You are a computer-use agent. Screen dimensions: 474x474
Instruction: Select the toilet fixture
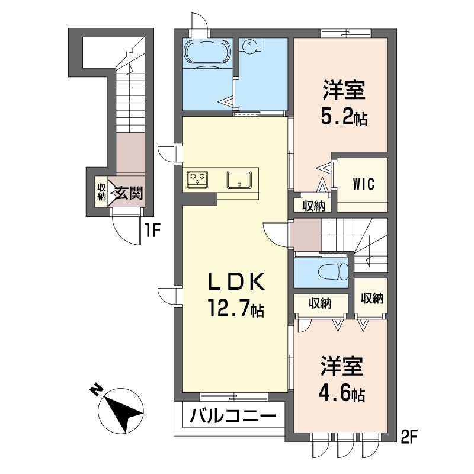point(334,271)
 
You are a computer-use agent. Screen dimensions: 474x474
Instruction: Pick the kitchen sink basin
point(239,180)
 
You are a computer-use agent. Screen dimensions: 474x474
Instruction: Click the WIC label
point(364,184)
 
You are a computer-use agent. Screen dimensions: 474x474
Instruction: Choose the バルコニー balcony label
point(233,416)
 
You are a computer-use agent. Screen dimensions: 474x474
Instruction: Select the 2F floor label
point(409,438)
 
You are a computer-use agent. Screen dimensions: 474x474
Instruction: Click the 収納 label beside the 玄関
point(101,191)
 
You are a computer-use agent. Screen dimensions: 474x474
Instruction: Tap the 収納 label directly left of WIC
point(313,206)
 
